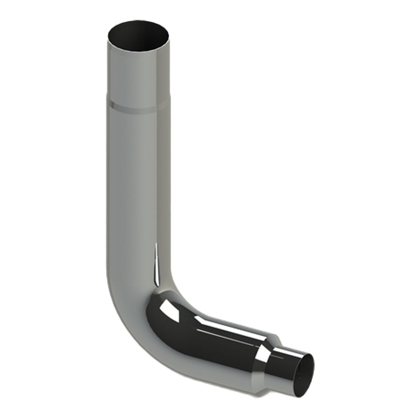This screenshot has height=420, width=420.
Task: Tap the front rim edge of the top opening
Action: [x=138, y=51]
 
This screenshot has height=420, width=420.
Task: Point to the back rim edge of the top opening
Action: [x=138, y=21]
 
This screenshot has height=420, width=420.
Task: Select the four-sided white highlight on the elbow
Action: [x=169, y=306]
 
